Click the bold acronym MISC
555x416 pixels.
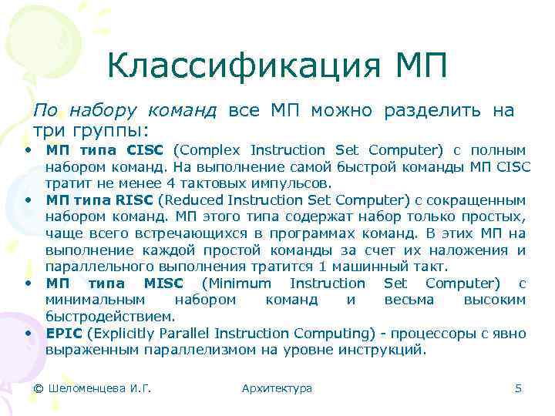(x=163, y=283)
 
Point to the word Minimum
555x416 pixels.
(x=239, y=283)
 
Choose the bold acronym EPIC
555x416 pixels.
(x=63, y=334)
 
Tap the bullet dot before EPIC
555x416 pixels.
(x=27, y=333)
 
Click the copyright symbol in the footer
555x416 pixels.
(x=38, y=388)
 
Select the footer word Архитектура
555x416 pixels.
(x=277, y=388)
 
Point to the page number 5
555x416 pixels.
(x=518, y=388)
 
